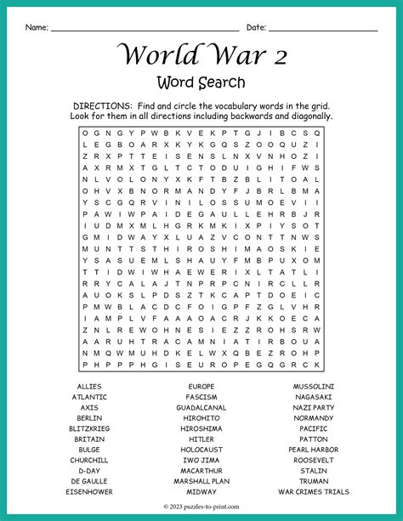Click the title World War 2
pyautogui.click(x=201, y=55)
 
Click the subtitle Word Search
pyautogui.click(x=201, y=82)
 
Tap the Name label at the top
pyautogui.click(x=37, y=27)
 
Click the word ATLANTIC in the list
pyautogui.click(x=89, y=397)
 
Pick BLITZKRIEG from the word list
pyautogui.click(x=89, y=428)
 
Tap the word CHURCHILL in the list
pyautogui.click(x=89, y=460)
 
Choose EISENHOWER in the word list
pyautogui.click(x=89, y=491)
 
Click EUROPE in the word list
pyautogui.click(x=201, y=386)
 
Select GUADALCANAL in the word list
pyautogui.click(x=201, y=407)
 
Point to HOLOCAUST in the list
pyautogui.click(x=201, y=450)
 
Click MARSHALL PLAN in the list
pyautogui.click(x=201, y=481)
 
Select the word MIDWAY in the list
pyautogui.click(x=201, y=491)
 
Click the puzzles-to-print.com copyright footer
pyautogui.click(x=201, y=508)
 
